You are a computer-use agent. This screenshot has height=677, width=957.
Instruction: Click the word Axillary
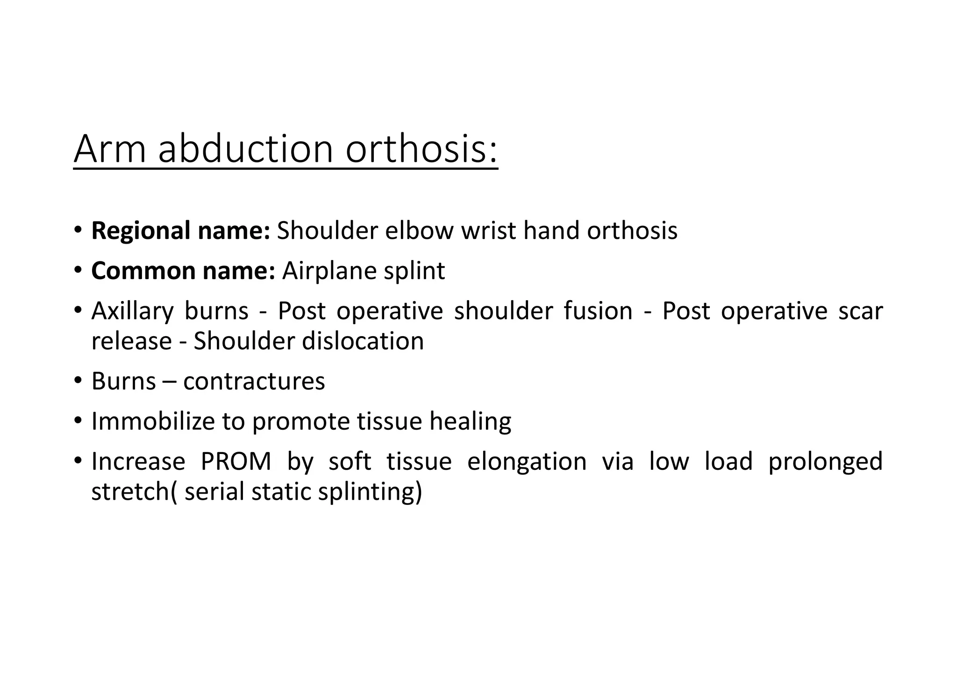click(132, 311)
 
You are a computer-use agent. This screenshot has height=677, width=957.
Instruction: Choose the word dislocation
click(363, 341)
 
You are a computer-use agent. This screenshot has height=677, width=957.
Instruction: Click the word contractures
click(254, 381)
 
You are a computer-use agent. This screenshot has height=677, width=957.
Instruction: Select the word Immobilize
click(152, 421)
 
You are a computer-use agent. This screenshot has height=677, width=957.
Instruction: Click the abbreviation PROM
click(236, 461)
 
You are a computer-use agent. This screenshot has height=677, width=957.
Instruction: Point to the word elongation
click(527, 461)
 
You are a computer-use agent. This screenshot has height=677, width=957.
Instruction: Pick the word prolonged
click(825, 461)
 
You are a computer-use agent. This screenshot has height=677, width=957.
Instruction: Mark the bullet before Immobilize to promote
click(78, 421)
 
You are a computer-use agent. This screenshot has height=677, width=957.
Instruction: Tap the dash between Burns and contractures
click(169, 381)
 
